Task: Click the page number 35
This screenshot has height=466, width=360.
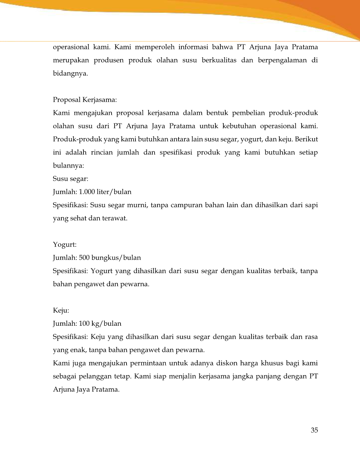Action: point(314,430)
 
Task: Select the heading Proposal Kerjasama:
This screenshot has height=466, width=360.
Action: point(85,100)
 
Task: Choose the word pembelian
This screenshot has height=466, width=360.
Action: point(248,113)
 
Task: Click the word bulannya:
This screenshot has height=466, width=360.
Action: point(68,166)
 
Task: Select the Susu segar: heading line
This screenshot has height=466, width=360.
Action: point(70,179)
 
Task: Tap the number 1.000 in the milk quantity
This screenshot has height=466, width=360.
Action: point(87,192)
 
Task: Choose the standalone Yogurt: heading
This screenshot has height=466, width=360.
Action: point(65,245)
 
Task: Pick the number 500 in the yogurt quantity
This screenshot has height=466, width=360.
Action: point(84,258)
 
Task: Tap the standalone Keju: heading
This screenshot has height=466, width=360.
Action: point(61,310)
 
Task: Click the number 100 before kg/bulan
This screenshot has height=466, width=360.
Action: point(84,324)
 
